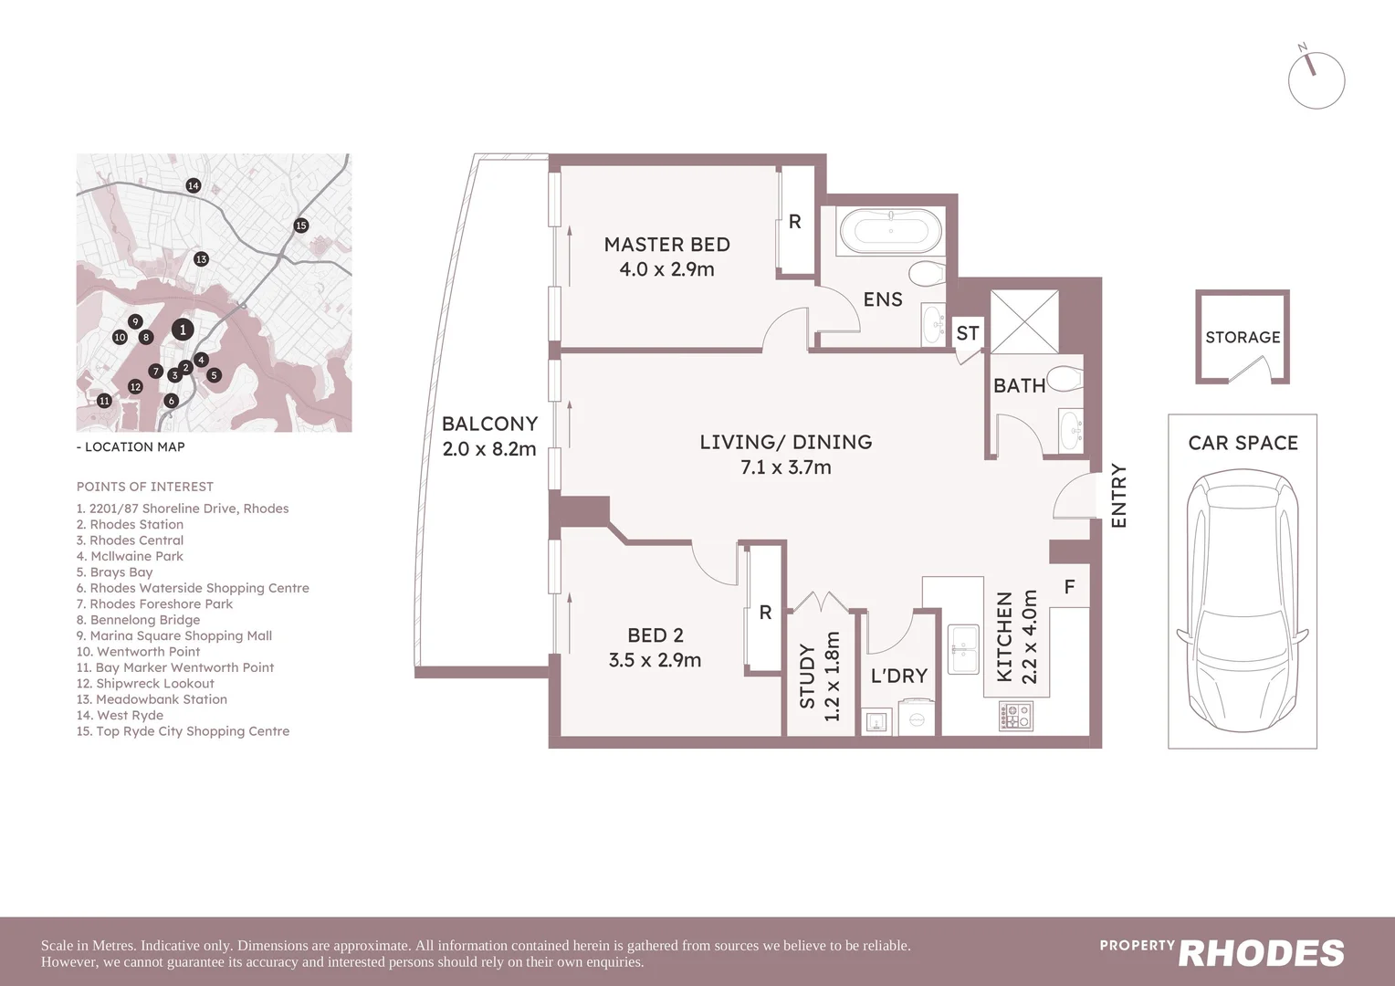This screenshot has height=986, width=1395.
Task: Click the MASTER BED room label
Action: pos(666,245)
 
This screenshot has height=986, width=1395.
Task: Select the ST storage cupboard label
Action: pos(967,333)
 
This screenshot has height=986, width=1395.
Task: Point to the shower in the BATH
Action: pos(1024,321)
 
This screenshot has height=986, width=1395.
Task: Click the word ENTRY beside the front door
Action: pos(1118,496)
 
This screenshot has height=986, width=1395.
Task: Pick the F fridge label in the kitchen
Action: pos(1070,587)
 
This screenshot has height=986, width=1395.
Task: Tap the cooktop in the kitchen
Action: pos(1016,716)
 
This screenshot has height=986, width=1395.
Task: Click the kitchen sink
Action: pos(962,649)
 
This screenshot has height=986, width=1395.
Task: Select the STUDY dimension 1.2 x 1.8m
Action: pos(832,677)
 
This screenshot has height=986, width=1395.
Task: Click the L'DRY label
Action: pos(898,676)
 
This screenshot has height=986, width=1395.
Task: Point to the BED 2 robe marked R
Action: pos(765,613)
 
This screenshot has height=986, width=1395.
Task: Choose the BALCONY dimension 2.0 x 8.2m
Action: pos(489,449)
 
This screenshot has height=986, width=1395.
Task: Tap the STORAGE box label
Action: pos(1242,337)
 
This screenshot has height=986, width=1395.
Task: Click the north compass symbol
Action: pos(1316,80)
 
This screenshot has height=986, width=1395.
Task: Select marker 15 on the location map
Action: pos(301,226)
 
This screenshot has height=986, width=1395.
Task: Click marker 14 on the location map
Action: pos(193,185)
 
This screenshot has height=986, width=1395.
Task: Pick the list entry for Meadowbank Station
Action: pos(152,699)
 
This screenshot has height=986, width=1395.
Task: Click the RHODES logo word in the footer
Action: pos(1261,953)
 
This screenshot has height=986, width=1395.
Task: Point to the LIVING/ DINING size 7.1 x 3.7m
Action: pos(785,467)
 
